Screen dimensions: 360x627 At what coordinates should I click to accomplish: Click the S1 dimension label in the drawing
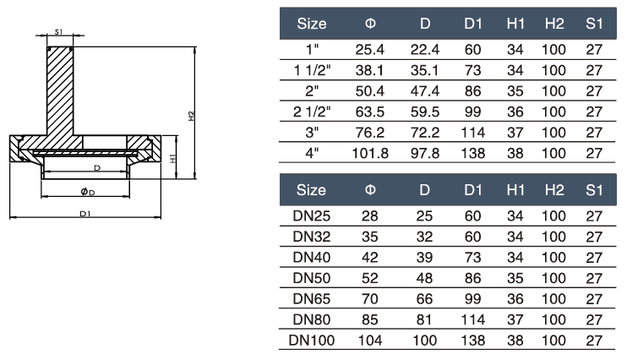(x=58, y=31)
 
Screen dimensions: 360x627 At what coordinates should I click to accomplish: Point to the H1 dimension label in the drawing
(x=172, y=158)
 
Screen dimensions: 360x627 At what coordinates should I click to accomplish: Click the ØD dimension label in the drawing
(x=87, y=192)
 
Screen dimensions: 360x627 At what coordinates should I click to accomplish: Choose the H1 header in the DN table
(x=515, y=188)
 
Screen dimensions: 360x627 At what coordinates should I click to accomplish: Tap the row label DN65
(x=313, y=297)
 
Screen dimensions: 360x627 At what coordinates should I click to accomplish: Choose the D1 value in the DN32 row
(x=472, y=236)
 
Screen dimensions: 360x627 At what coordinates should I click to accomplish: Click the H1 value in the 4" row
(x=515, y=153)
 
